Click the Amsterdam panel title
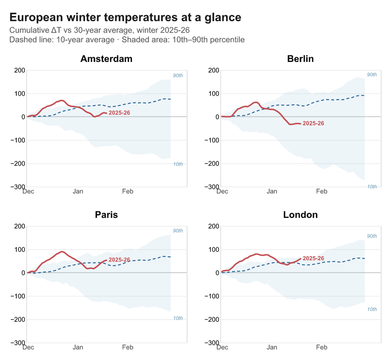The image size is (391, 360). pos(106,59)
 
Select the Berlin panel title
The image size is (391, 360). pos(300,59)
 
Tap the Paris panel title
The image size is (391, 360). pos(106,215)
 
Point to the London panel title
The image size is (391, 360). pos(300,215)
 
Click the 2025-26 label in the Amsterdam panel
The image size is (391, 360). pos(119,113)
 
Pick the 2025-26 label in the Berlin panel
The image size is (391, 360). pos(314,123)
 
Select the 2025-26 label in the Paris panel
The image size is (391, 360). pos(119,260)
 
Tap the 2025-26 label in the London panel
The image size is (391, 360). pos(314,258)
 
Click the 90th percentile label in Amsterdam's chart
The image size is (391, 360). pos(178,76)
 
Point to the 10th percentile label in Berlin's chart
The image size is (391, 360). pos(372,187)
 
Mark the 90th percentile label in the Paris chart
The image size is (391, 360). pos(178,231)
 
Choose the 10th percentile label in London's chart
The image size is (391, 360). pos(372,309)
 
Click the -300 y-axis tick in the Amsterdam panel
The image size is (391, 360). pos(18,187)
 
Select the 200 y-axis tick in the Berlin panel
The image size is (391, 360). pos(213,70)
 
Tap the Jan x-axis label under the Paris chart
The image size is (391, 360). pos(78,347)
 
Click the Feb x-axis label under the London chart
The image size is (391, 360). pos(322,347)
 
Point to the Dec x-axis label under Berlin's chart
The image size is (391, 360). pos(222,191)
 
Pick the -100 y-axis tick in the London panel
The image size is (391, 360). pos(211,296)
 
